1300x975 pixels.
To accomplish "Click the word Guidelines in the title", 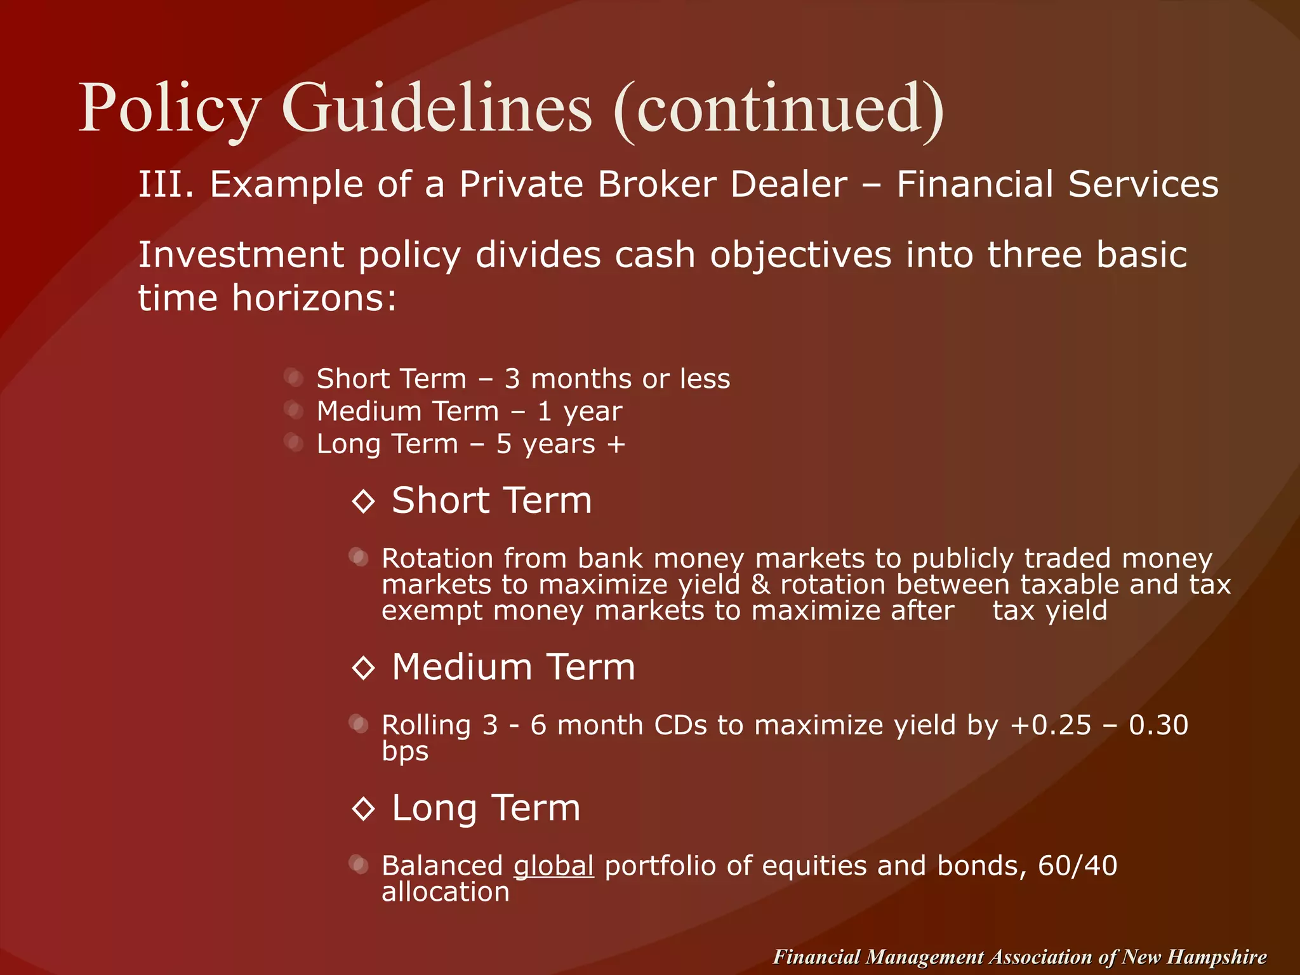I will pos(437,109).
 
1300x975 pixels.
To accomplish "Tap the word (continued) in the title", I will pos(779,109).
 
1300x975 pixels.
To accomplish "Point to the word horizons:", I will pos(314,298).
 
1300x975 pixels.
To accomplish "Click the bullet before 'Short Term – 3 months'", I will pos(294,378).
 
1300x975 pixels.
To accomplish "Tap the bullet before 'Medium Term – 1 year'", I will pos(294,411).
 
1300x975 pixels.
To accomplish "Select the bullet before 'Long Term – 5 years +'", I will pos(294,443).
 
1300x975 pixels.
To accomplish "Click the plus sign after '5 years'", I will pos(616,444).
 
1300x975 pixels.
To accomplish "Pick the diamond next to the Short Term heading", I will pos(364,501).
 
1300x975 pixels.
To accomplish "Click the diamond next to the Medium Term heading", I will pos(364,668).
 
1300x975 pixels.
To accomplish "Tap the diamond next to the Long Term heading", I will pos(364,809).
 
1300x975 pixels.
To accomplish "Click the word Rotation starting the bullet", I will pos(437,559).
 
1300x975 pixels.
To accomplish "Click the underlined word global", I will pos(554,866).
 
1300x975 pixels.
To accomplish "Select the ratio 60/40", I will pos(1077,866).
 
